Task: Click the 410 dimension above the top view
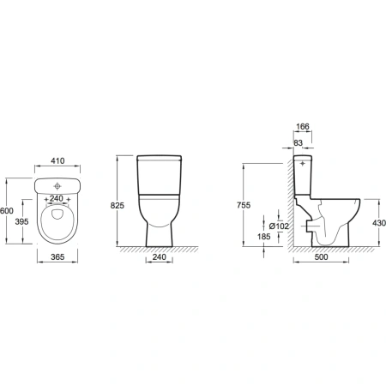[x=57, y=161]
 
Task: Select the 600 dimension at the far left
[x=7, y=211]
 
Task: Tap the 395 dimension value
[x=21, y=221]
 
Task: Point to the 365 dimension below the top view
[x=57, y=257]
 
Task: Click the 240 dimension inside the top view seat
[x=57, y=198]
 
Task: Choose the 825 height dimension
[x=118, y=205]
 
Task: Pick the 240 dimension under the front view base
[x=159, y=257]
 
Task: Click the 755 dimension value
[x=244, y=205]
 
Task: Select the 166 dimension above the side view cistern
[x=303, y=126]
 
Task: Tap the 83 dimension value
[x=299, y=143]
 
